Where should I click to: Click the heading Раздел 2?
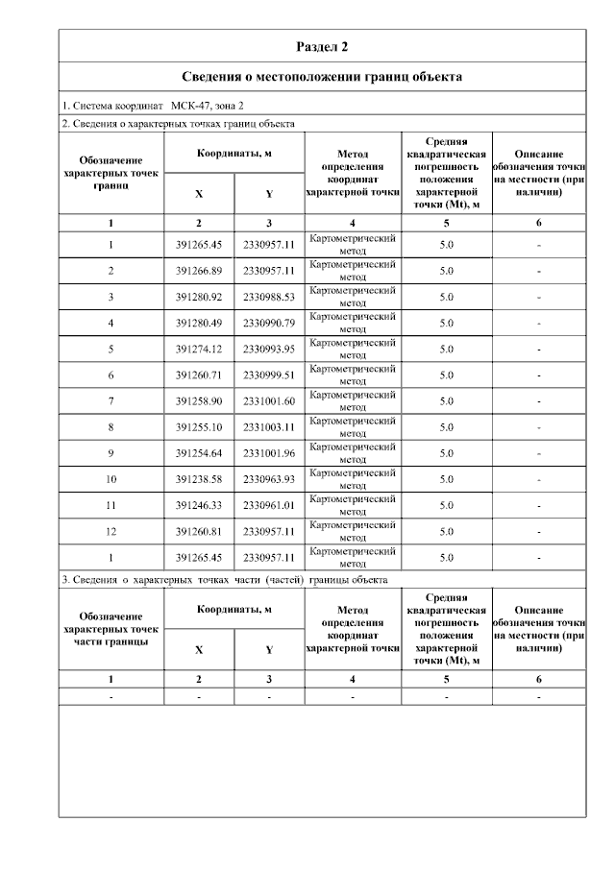(x=321, y=46)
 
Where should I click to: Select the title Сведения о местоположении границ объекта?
(x=322, y=76)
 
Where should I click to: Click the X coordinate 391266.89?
(x=199, y=271)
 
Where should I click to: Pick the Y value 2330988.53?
(x=269, y=297)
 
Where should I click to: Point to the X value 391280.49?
(x=199, y=323)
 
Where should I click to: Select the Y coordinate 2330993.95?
(x=269, y=349)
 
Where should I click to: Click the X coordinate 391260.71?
(x=199, y=375)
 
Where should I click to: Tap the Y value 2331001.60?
(x=269, y=400)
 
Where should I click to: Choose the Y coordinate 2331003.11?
(x=269, y=426)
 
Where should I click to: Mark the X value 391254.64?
(x=199, y=452)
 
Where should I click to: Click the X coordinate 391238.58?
(x=199, y=478)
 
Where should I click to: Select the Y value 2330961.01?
(x=269, y=504)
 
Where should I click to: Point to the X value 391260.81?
(x=199, y=530)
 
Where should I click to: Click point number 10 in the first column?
(x=111, y=478)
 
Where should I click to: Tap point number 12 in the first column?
(x=111, y=530)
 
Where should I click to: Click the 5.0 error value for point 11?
(x=446, y=504)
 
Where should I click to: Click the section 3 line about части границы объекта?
(x=225, y=581)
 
